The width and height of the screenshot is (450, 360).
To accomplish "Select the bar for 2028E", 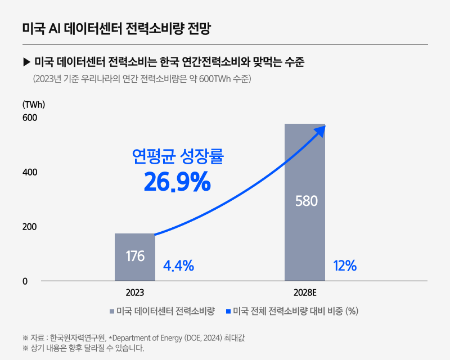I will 305,236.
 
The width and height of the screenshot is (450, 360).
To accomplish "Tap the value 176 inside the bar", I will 135,256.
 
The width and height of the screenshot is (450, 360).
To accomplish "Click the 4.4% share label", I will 178,265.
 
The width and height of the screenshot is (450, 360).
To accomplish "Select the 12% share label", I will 345,266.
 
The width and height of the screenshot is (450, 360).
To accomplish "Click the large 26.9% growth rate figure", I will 177,182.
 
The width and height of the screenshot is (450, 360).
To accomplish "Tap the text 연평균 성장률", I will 177,156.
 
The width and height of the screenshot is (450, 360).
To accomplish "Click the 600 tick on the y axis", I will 29,118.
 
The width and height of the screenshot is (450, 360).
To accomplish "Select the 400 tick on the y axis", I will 29,172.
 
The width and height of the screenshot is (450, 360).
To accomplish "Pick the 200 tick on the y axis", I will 29,227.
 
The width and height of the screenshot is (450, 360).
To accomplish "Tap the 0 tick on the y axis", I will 25,281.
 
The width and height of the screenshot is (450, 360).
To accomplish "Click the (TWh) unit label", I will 33,104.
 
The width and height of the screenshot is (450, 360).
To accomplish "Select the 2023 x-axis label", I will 135,293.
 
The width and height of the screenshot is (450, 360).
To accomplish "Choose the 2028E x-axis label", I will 305,293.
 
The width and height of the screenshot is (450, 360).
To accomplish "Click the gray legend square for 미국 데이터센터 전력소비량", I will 112,311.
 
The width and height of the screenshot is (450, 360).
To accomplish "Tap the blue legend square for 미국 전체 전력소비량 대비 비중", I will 228,311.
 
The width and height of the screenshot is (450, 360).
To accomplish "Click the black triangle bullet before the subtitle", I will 26,61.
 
